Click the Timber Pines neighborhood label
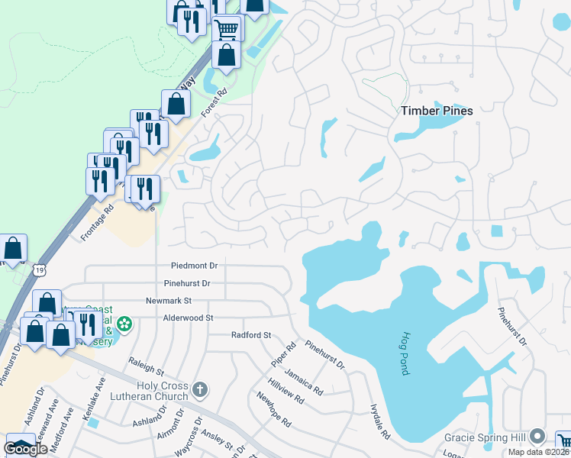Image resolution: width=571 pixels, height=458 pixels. [x=437, y=111]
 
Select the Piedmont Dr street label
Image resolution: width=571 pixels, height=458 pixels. [x=194, y=266]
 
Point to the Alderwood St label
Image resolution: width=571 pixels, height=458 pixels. [x=188, y=318]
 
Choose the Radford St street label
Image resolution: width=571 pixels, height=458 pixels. [x=251, y=335]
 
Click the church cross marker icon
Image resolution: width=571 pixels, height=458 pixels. [x=200, y=391]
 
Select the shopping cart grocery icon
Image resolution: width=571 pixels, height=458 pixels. [x=227, y=30]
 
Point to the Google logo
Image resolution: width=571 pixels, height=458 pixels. [x=25, y=449]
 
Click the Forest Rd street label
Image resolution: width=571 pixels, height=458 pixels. [x=215, y=104]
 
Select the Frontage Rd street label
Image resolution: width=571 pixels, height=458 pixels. [x=96, y=222]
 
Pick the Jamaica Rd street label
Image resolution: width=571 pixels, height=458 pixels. [x=303, y=381]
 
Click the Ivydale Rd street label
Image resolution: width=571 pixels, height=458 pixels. [x=379, y=421]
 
